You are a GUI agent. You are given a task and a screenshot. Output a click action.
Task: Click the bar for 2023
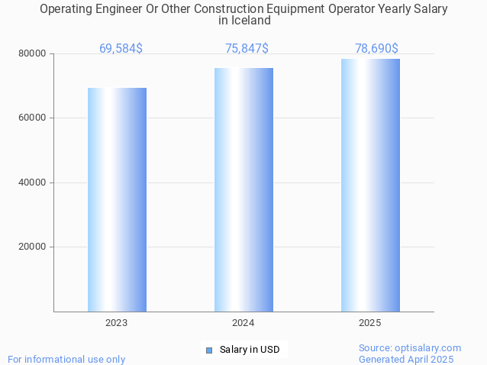click(x=117, y=199)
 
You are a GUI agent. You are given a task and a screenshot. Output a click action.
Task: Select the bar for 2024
click(x=243, y=189)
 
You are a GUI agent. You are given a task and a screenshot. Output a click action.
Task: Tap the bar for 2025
click(x=370, y=185)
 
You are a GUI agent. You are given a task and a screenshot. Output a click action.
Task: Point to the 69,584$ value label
click(x=121, y=49)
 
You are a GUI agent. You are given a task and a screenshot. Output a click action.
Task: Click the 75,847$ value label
click(x=247, y=49)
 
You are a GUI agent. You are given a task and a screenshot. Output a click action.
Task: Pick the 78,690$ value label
click(x=376, y=49)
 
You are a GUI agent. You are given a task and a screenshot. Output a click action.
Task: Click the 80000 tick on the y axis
click(x=32, y=54)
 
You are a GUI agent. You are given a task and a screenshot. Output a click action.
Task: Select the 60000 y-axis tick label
click(x=32, y=118)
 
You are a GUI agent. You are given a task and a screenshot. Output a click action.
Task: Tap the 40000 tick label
click(x=32, y=182)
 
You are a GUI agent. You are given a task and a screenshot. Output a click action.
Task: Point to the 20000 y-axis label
click(x=32, y=247)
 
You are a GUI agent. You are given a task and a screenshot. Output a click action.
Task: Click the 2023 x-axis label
click(x=117, y=323)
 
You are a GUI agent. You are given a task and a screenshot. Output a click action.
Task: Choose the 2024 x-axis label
click(x=243, y=323)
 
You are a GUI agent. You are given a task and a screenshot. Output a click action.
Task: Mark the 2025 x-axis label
click(x=370, y=323)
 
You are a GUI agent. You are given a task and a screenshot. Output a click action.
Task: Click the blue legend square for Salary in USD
click(x=208, y=350)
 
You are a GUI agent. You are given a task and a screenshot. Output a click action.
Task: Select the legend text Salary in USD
click(x=250, y=350)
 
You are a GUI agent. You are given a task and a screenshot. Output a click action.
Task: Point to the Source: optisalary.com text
click(x=410, y=348)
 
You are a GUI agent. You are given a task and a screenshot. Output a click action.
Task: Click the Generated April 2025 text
click(x=406, y=359)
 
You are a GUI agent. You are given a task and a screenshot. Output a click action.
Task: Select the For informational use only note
click(x=66, y=359)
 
